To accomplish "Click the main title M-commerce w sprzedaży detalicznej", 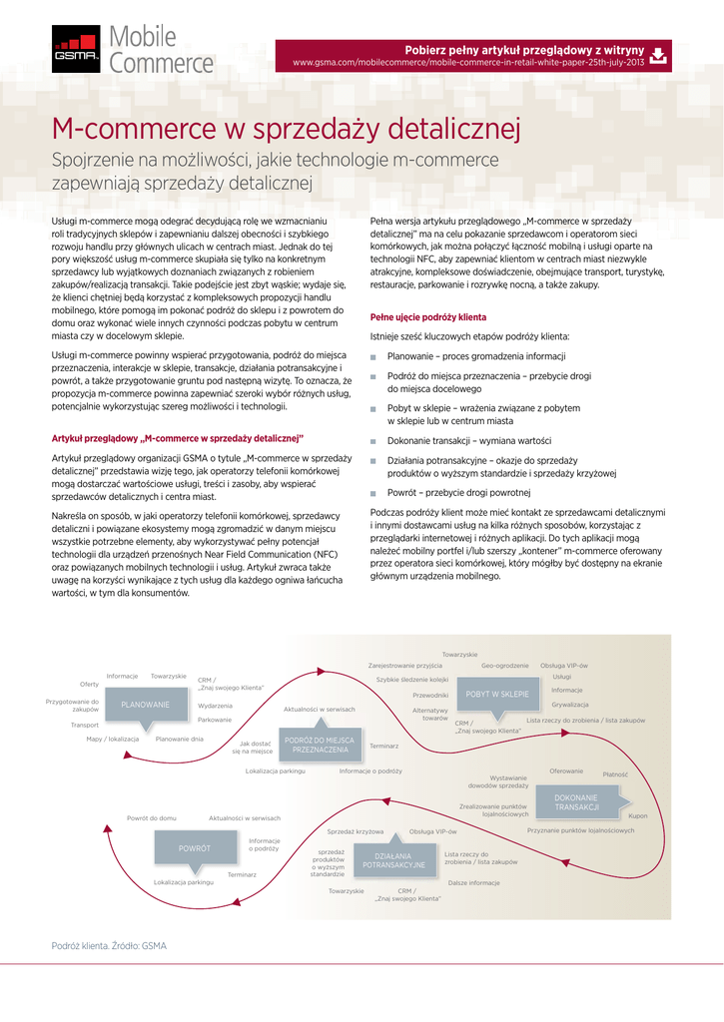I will point(287,129).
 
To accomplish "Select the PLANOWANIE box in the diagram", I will point(146,705).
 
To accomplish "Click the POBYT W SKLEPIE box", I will point(496,693).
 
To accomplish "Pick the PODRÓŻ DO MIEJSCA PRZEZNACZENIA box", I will point(320,744).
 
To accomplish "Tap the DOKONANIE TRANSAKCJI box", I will point(576,801).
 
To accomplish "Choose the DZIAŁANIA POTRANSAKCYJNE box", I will point(393,860).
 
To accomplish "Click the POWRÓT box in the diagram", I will point(194,847).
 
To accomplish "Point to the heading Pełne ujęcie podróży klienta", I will point(428,316).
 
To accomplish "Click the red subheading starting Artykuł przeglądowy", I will point(177,438).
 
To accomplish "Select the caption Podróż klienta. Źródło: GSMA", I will point(109,945).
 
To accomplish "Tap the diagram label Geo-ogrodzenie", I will point(504,665).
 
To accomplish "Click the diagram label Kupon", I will point(637,815).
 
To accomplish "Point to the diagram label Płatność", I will point(615,774).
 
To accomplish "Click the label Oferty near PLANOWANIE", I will point(90,684).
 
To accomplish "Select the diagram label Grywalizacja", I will point(569,705).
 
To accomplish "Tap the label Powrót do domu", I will point(152,817).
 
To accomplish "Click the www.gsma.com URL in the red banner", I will point(467,63).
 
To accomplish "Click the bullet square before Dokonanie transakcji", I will point(373,441).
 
